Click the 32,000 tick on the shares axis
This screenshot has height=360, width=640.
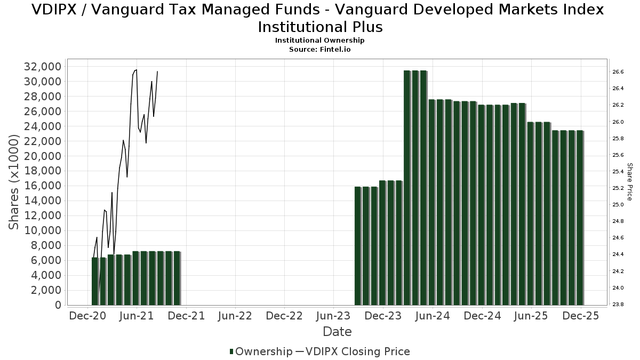pos(41,67)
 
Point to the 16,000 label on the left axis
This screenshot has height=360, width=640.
pos(41,186)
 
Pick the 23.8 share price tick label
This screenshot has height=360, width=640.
pos(618,305)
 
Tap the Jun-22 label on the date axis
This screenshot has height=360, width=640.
pos(235,316)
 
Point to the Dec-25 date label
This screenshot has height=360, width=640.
pos(581,316)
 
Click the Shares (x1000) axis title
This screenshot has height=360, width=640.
pos(14,182)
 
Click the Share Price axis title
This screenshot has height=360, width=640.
pos(629,182)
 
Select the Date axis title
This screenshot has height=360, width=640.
pos(337,332)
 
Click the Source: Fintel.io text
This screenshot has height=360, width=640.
pos(320,49)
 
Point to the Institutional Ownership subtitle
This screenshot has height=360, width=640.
pos(320,41)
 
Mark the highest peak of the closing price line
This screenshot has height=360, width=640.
pos(137,70)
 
